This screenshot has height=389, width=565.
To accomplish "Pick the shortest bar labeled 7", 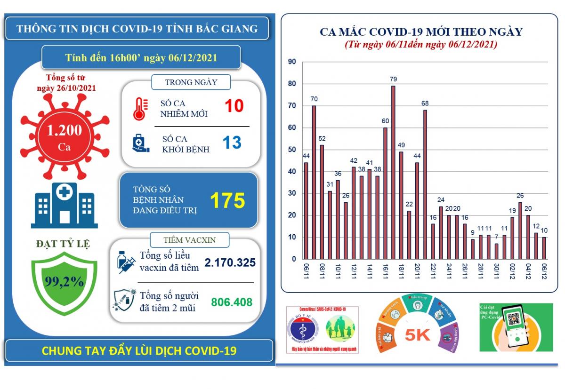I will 496,251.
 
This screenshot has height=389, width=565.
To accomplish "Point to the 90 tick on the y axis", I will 292,62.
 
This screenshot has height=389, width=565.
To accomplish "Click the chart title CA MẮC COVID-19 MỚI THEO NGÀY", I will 421,32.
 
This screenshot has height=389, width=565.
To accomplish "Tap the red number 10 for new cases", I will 234,106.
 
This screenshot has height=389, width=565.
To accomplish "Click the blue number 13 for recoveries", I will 232,143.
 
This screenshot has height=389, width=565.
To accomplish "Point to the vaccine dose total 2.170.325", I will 230,262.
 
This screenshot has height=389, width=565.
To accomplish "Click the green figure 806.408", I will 232,302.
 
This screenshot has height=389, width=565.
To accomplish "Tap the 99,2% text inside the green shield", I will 65,282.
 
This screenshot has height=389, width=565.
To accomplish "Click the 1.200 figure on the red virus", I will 65,130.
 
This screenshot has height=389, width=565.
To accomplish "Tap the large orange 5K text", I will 417,335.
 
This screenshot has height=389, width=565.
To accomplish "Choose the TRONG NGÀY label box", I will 191,82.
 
